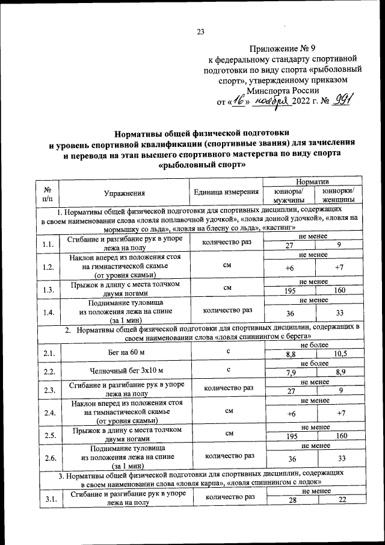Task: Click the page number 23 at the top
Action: tap(201, 33)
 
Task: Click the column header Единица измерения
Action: tap(224, 193)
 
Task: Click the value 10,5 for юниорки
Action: tap(340, 355)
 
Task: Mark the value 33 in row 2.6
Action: tap(340, 458)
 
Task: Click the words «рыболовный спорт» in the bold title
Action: tap(197, 163)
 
